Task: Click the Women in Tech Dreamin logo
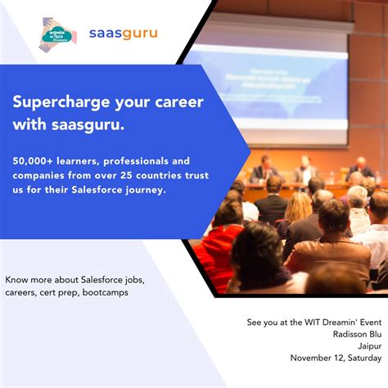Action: tap(57, 35)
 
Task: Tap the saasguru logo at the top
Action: tap(122, 34)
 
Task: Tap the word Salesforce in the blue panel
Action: tap(106, 190)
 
